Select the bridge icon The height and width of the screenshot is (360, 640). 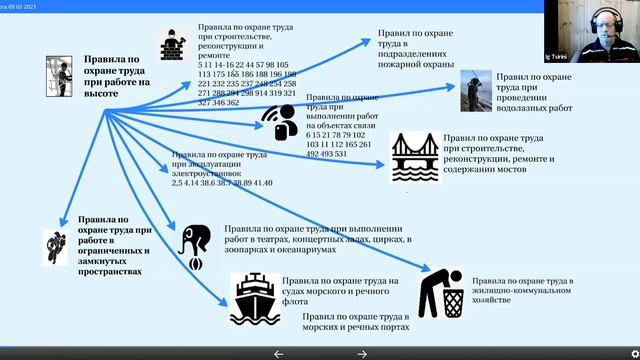click(412, 157)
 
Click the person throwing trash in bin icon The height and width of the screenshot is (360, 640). click(441, 291)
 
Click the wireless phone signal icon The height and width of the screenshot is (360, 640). click(279, 122)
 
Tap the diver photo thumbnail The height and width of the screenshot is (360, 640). click(478, 90)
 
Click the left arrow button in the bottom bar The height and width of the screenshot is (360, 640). click(279, 353)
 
